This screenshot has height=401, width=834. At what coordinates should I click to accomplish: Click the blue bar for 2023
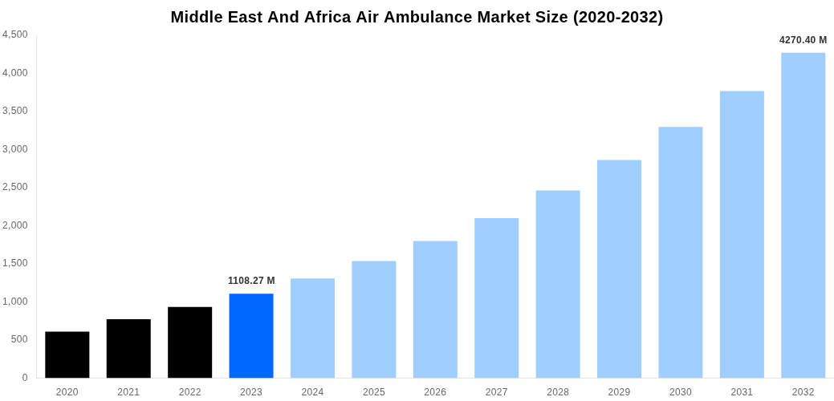pyautogui.click(x=251, y=335)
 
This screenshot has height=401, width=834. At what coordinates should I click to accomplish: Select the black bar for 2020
pyautogui.click(x=67, y=354)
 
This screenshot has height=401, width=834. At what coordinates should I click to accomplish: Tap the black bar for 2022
pyautogui.click(x=190, y=342)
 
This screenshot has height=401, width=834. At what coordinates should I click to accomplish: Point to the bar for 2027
pyautogui.click(x=496, y=298)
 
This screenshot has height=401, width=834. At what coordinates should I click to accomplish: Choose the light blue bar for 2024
pyautogui.click(x=312, y=328)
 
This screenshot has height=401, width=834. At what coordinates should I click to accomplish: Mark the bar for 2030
pyautogui.click(x=680, y=252)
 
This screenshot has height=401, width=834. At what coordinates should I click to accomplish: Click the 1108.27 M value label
pyautogui.click(x=251, y=281)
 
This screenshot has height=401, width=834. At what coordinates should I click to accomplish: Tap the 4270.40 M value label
pyautogui.click(x=803, y=40)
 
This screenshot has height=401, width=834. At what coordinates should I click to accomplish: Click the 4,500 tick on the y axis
pyautogui.click(x=15, y=34)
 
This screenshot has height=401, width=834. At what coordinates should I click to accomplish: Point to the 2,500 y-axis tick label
pyautogui.click(x=15, y=187)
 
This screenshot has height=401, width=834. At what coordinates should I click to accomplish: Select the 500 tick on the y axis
pyautogui.click(x=19, y=339)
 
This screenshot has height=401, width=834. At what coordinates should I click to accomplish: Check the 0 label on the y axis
pyautogui.click(x=25, y=378)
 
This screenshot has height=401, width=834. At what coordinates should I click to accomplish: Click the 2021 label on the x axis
pyautogui.click(x=128, y=392)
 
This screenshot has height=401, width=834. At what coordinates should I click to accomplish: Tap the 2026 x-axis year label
pyautogui.click(x=435, y=392)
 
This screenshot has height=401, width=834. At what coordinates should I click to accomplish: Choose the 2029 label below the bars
pyautogui.click(x=619, y=392)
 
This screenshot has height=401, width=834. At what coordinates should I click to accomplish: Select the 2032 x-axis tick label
pyautogui.click(x=803, y=392)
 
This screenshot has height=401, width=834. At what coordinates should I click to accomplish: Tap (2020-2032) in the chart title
pyautogui.click(x=617, y=17)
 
